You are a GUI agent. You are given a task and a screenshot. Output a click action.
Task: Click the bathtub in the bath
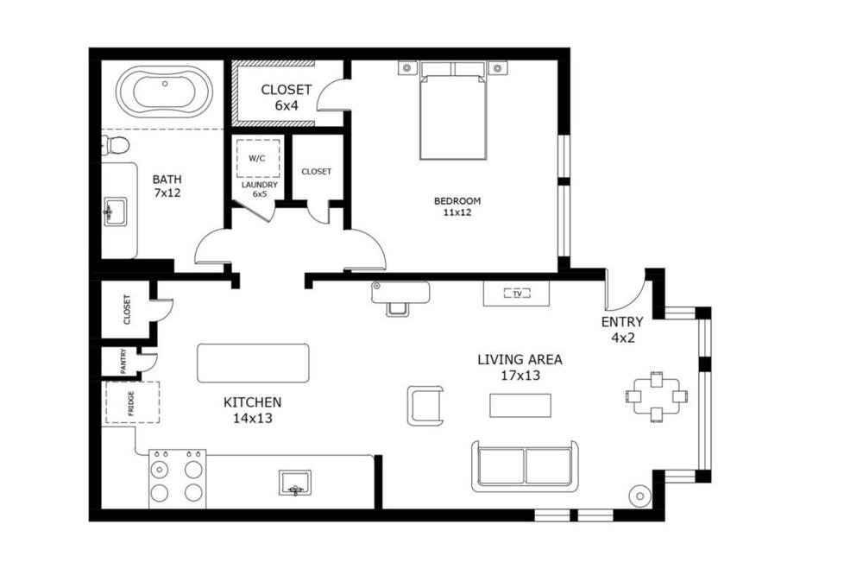pos(164,92)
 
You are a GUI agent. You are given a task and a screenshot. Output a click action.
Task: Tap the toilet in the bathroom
pos(115,145)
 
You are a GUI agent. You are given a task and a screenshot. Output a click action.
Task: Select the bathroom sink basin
pos(115,212)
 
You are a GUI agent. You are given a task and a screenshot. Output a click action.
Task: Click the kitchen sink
pos(295,483)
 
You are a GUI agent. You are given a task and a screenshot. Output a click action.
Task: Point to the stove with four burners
pos(177,479)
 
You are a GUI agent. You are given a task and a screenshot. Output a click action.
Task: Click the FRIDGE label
pos(131,403)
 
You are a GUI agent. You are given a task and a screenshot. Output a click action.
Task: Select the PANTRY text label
pos(123,361)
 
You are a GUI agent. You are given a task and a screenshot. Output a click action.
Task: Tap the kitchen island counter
pos(253,363)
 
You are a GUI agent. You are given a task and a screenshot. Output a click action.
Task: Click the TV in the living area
pos(517,294)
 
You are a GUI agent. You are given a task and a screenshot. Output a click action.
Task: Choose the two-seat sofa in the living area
pos(525,466)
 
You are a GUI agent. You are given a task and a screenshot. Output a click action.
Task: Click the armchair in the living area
pos(425,406)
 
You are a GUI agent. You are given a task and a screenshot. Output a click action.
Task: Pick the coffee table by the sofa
pos(520,406)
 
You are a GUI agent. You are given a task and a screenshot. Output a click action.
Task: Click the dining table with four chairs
pos(657,396)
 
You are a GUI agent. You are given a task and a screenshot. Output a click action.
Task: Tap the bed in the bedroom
pos(453,111)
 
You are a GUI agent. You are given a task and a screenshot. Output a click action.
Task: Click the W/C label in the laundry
pos(257,159)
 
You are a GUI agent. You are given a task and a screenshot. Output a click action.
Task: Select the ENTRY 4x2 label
pos(622,330)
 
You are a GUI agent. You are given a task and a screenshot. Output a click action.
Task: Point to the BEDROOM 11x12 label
pos(457,206)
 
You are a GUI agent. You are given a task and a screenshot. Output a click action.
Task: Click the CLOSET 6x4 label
pos(287,98)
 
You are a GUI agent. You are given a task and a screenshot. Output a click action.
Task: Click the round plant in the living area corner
pos(640,496)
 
